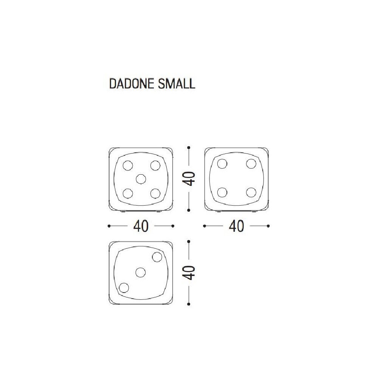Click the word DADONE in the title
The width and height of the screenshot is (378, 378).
132,84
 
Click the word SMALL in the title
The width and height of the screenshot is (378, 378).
177,84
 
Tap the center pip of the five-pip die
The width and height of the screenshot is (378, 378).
141,179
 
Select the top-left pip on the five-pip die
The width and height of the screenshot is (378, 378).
127,166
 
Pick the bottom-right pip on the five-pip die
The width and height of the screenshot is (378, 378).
155,193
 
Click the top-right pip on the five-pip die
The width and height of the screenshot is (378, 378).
155,166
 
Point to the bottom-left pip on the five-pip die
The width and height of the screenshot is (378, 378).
127,193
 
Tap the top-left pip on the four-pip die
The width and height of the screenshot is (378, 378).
222,164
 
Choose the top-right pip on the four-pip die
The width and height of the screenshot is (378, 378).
251,164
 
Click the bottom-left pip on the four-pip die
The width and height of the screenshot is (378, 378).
222,192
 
